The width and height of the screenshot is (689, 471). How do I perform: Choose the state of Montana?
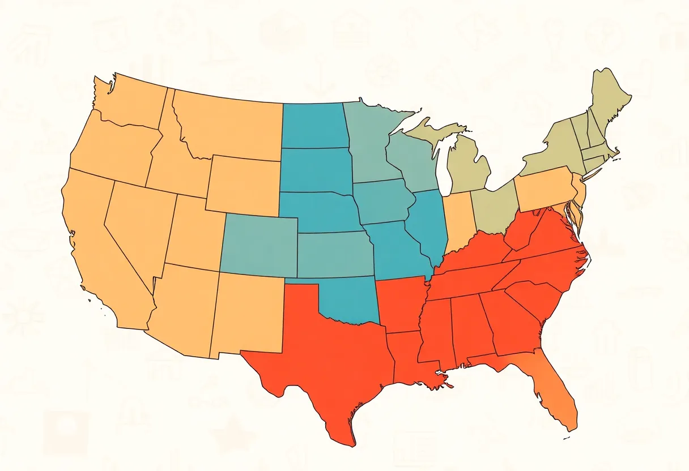227,127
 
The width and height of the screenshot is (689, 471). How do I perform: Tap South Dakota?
314,170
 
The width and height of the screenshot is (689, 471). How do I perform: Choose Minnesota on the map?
368,142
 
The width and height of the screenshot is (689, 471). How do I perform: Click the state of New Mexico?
249,311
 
